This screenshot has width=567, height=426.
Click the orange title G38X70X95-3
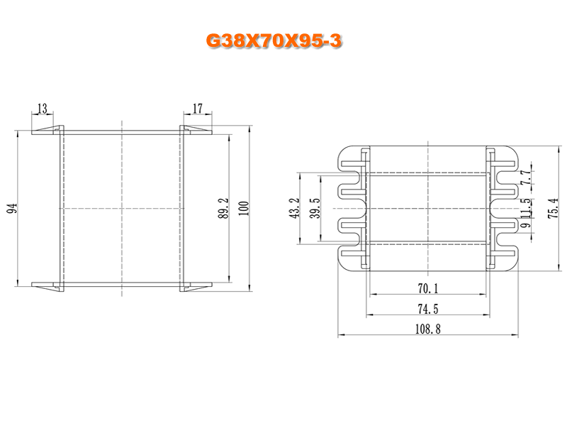(x=274, y=42)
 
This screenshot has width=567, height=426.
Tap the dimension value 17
(x=197, y=109)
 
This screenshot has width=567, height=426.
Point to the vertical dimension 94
(x=11, y=208)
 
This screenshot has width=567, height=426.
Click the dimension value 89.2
(x=223, y=208)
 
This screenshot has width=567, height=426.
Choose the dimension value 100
(x=244, y=208)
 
